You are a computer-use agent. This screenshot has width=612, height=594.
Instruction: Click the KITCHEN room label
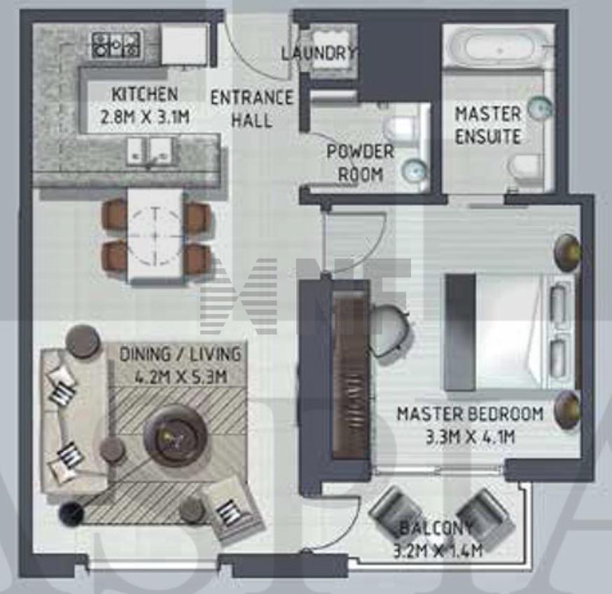[x=145, y=94]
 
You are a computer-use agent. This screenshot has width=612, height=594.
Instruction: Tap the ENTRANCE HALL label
[x=252, y=109]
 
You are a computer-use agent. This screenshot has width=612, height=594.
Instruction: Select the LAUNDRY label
[x=319, y=53]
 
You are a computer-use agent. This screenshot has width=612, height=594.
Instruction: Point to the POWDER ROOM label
[x=360, y=163]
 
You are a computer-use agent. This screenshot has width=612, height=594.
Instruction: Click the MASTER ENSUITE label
[x=488, y=125]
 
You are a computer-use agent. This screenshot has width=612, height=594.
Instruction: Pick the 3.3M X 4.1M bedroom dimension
[x=470, y=436]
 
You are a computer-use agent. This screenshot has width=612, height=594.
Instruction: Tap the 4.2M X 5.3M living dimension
[x=181, y=377]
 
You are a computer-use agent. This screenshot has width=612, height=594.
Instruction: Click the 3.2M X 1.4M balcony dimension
[x=438, y=551]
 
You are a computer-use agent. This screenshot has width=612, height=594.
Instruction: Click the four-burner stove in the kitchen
[x=116, y=45]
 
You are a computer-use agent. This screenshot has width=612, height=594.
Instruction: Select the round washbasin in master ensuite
[x=540, y=106]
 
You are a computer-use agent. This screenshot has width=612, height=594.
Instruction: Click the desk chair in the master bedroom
[x=389, y=329]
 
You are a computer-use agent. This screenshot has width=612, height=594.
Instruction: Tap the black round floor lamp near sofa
[x=71, y=512]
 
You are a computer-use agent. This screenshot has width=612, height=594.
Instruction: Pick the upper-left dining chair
[x=114, y=216]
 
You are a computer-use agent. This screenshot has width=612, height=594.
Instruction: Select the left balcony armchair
[x=392, y=509]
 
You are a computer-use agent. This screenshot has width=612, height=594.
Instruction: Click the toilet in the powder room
[x=401, y=127]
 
